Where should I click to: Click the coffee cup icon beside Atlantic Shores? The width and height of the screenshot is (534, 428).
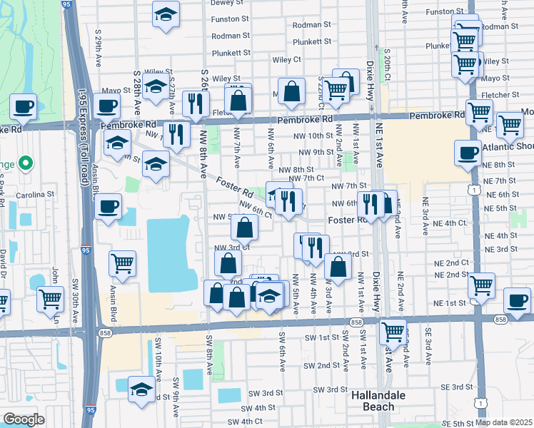click(468, 152)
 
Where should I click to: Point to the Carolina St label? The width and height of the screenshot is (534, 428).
click(38, 194)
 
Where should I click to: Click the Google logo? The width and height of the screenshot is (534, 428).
click(24, 419)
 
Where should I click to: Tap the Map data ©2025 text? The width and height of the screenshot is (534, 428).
click(503, 422)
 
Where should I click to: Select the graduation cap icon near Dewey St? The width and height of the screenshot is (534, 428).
click(166, 14)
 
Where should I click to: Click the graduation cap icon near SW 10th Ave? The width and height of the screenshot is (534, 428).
click(141, 390)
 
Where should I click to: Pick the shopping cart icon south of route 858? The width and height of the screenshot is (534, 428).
click(392, 331)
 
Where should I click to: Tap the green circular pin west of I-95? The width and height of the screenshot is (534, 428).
click(24, 164)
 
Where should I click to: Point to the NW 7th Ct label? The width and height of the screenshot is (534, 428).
click(308, 178)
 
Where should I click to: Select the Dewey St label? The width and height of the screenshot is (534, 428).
click(227, 3)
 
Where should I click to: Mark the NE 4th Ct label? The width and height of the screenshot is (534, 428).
click(448, 223)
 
